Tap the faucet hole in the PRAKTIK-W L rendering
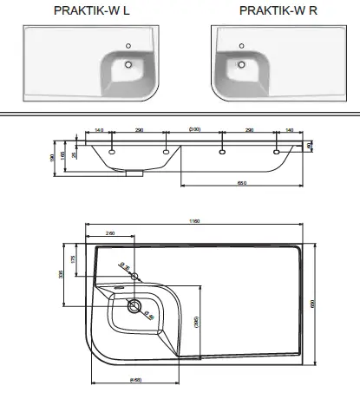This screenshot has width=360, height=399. (128, 44)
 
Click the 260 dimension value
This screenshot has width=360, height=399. (110, 232)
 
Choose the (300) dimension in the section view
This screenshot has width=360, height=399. (195, 129)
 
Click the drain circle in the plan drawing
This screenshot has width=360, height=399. (134, 305)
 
